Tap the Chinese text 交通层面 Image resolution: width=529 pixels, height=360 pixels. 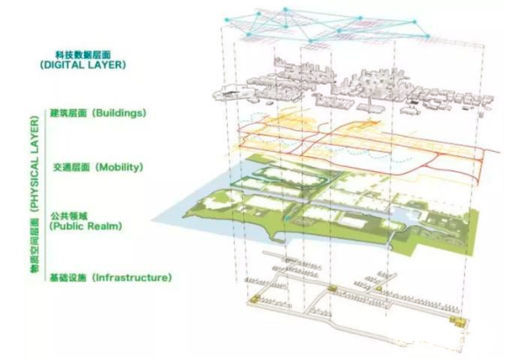[x=71, y=166]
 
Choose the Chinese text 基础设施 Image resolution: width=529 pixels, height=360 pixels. [x=71, y=277]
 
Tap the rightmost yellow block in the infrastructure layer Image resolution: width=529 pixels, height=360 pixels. [x=458, y=321]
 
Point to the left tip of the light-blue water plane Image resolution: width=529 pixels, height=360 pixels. [x=152, y=220]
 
